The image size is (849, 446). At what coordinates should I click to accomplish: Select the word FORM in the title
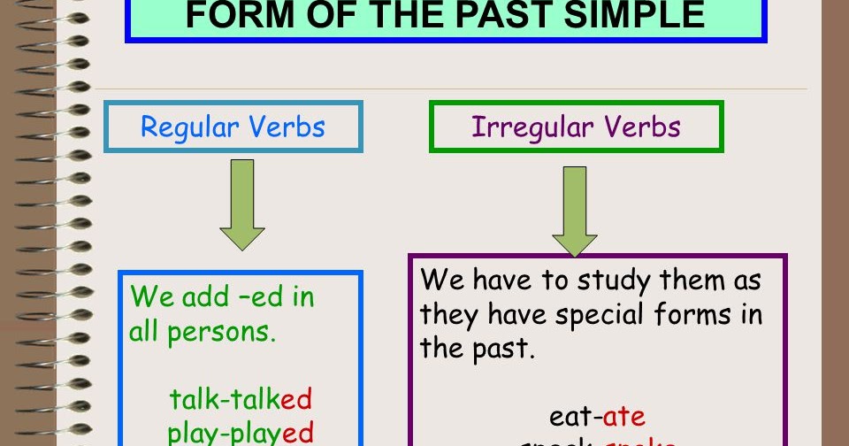230,15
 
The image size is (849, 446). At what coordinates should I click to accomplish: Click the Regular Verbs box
233,127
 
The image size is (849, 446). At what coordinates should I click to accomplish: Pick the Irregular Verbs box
576,127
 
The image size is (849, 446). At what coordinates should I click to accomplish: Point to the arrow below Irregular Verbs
575,211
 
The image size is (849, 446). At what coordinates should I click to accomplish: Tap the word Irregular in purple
520,127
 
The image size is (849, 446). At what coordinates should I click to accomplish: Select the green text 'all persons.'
203,332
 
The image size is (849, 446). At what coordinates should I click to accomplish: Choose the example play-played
241,432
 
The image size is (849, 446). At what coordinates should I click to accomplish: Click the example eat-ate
597,416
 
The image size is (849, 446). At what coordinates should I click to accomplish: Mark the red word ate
624,416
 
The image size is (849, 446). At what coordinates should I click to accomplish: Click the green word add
205,296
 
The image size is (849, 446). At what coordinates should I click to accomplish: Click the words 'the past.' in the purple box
478,348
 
